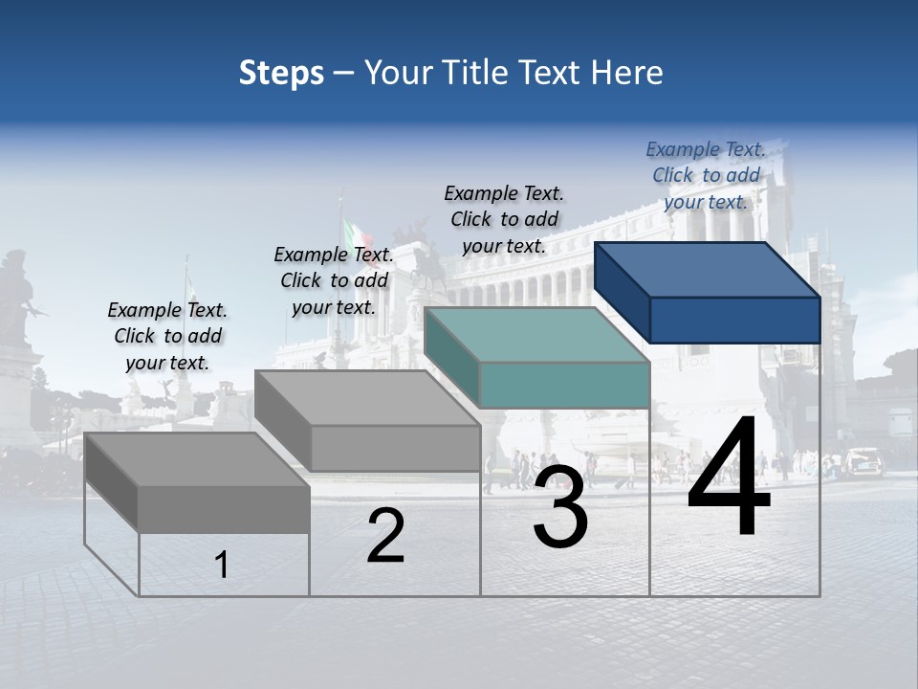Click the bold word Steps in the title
click(x=281, y=73)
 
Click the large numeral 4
click(x=729, y=478)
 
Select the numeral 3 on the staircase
click(x=559, y=507)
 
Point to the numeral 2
click(x=385, y=536)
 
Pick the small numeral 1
click(x=222, y=565)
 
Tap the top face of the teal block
click(x=535, y=335)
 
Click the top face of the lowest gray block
click(x=196, y=460)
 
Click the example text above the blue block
click(x=706, y=175)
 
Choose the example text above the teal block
click(x=504, y=219)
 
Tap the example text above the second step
click(x=334, y=280)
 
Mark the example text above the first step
click(x=167, y=336)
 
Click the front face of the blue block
click(x=734, y=320)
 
